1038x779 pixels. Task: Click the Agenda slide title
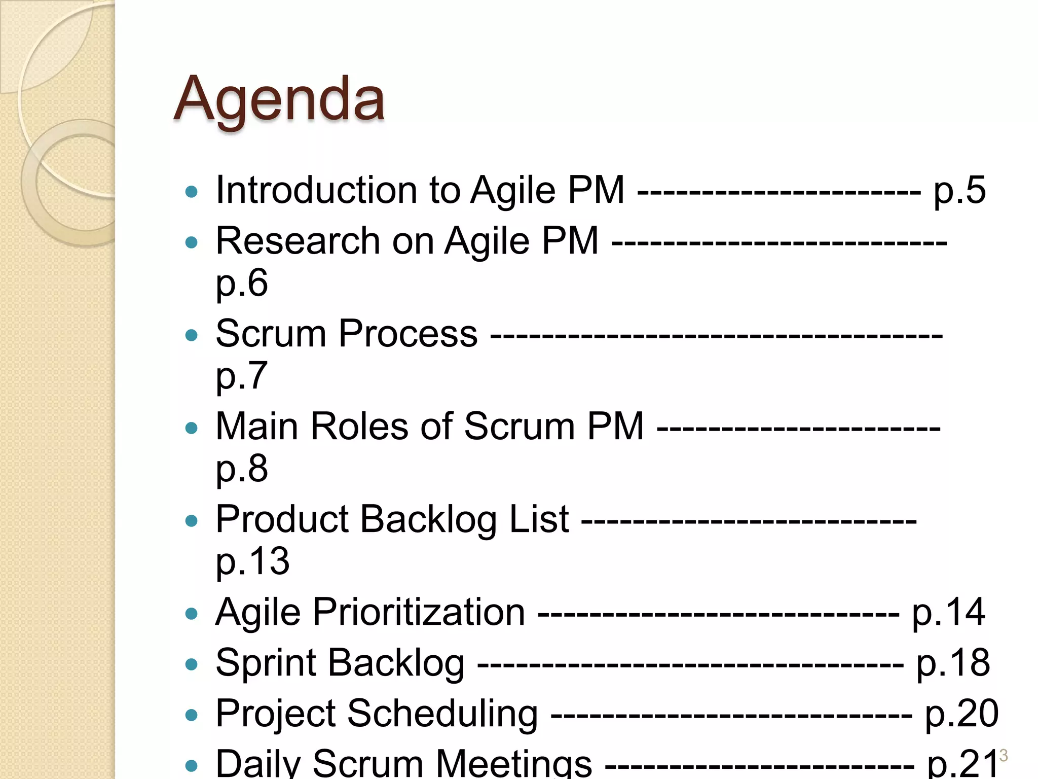pyautogui.click(x=279, y=99)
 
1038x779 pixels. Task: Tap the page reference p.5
pyautogui.click(x=959, y=191)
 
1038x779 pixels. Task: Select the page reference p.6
pyautogui.click(x=242, y=283)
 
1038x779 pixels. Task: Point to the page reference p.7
pyautogui.click(x=242, y=376)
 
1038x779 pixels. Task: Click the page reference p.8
pyautogui.click(x=242, y=469)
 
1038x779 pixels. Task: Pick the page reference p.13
pyautogui.click(x=252, y=561)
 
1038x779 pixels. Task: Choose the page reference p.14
pyautogui.click(x=948, y=613)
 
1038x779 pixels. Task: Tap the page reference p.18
pyautogui.click(x=953, y=663)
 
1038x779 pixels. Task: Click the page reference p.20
pyautogui.click(x=961, y=714)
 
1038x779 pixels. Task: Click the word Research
pyautogui.click(x=298, y=240)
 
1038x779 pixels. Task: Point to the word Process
pyautogui.click(x=408, y=334)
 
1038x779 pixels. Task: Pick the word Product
pyautogui.click(x=282, y=519)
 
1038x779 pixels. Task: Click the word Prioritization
pyautogui.click(x=419, y=612)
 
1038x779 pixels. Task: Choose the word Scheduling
pyautogui.click(x=442, y=714)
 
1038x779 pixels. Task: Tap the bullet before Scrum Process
pyautogui.click(x=191, y=335)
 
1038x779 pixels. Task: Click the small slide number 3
pyautogui.click(x=1003, y=755)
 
